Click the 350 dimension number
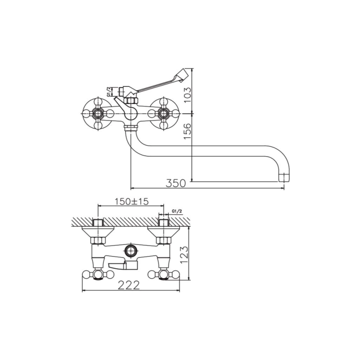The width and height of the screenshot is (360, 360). click(175, 183)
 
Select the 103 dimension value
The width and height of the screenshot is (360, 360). click(187, 95)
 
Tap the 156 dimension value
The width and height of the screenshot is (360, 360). click(187, 131)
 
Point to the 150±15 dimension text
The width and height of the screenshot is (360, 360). click(132, 201)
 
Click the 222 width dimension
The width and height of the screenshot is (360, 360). click(129, 285)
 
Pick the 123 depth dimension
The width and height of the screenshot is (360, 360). click(184, 255)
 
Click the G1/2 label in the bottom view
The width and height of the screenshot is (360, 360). click(177, 211)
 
